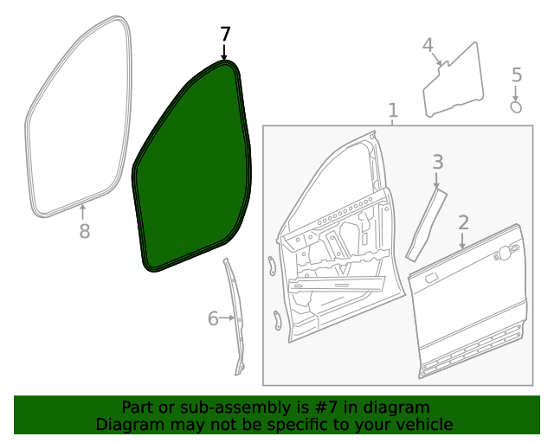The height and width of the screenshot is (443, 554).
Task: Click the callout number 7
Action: pos(225,35)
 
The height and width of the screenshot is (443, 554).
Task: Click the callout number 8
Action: pos(84,231)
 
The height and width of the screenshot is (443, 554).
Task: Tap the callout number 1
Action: pos(392,111)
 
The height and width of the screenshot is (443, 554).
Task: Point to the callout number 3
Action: pos(438,162)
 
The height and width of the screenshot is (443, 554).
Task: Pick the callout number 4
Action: pos(428,45)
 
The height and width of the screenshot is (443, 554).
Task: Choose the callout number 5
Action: pos(517,75)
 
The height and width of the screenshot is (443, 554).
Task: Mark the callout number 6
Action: pos(213,318)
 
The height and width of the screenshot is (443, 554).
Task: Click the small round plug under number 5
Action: pos(516,107)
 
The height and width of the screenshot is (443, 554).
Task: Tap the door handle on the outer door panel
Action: pos(506,252)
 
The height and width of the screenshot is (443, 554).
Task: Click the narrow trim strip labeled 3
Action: pos(426,225)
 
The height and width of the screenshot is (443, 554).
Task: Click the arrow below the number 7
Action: pos(225,52)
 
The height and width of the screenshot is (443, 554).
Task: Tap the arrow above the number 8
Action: pos(83,211)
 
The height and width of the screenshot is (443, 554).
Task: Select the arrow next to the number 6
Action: pos(229,318)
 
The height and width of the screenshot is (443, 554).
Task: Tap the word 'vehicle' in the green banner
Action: pos(424,424)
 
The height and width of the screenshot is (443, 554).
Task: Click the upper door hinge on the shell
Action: pos(271,264)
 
